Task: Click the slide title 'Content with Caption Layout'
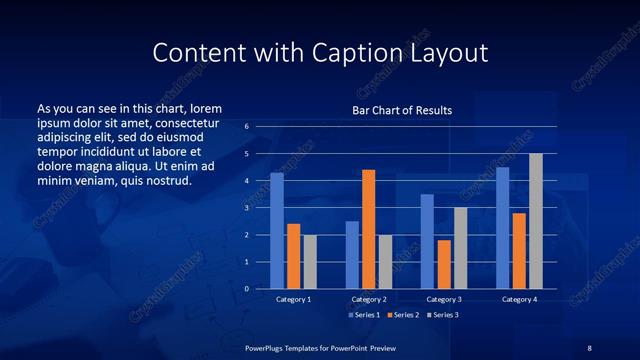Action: (320, 51)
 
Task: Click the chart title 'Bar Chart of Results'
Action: (402, 110)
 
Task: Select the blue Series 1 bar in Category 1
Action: (277, 231)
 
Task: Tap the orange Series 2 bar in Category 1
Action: (293, 256)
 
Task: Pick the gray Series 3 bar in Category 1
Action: (309, 261)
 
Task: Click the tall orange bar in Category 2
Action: (368, 229)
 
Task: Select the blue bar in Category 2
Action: (352, 254)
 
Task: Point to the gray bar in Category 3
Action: (460, 248)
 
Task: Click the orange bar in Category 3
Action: (444, 264)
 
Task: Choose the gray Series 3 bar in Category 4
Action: (536, 221)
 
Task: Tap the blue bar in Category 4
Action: (503, 228)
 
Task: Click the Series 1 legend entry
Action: (364, 315)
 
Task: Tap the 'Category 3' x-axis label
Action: (444, 299)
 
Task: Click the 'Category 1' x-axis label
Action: (293, 299)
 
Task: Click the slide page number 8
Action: (589, 347)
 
